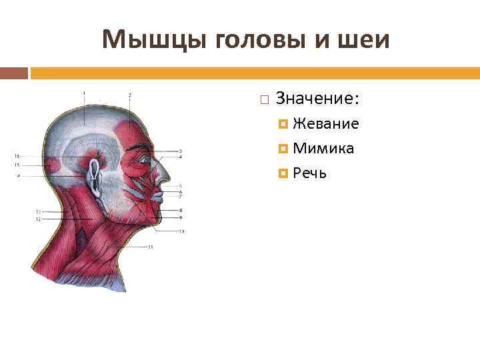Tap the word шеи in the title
[365, 41]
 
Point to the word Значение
[317, 99]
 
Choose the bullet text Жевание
[326, 124]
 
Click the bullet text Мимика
[323, 149]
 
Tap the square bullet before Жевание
[284, 125]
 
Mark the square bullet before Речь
[284, 174]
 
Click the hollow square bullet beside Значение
[265, 100]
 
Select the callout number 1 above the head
[85, 93]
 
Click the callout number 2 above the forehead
[129, 95]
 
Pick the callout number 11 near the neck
[151, 247]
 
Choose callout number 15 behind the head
[17, 165]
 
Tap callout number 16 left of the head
[17, 156]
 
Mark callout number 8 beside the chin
[181, 211]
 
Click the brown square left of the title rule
[14, 72]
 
